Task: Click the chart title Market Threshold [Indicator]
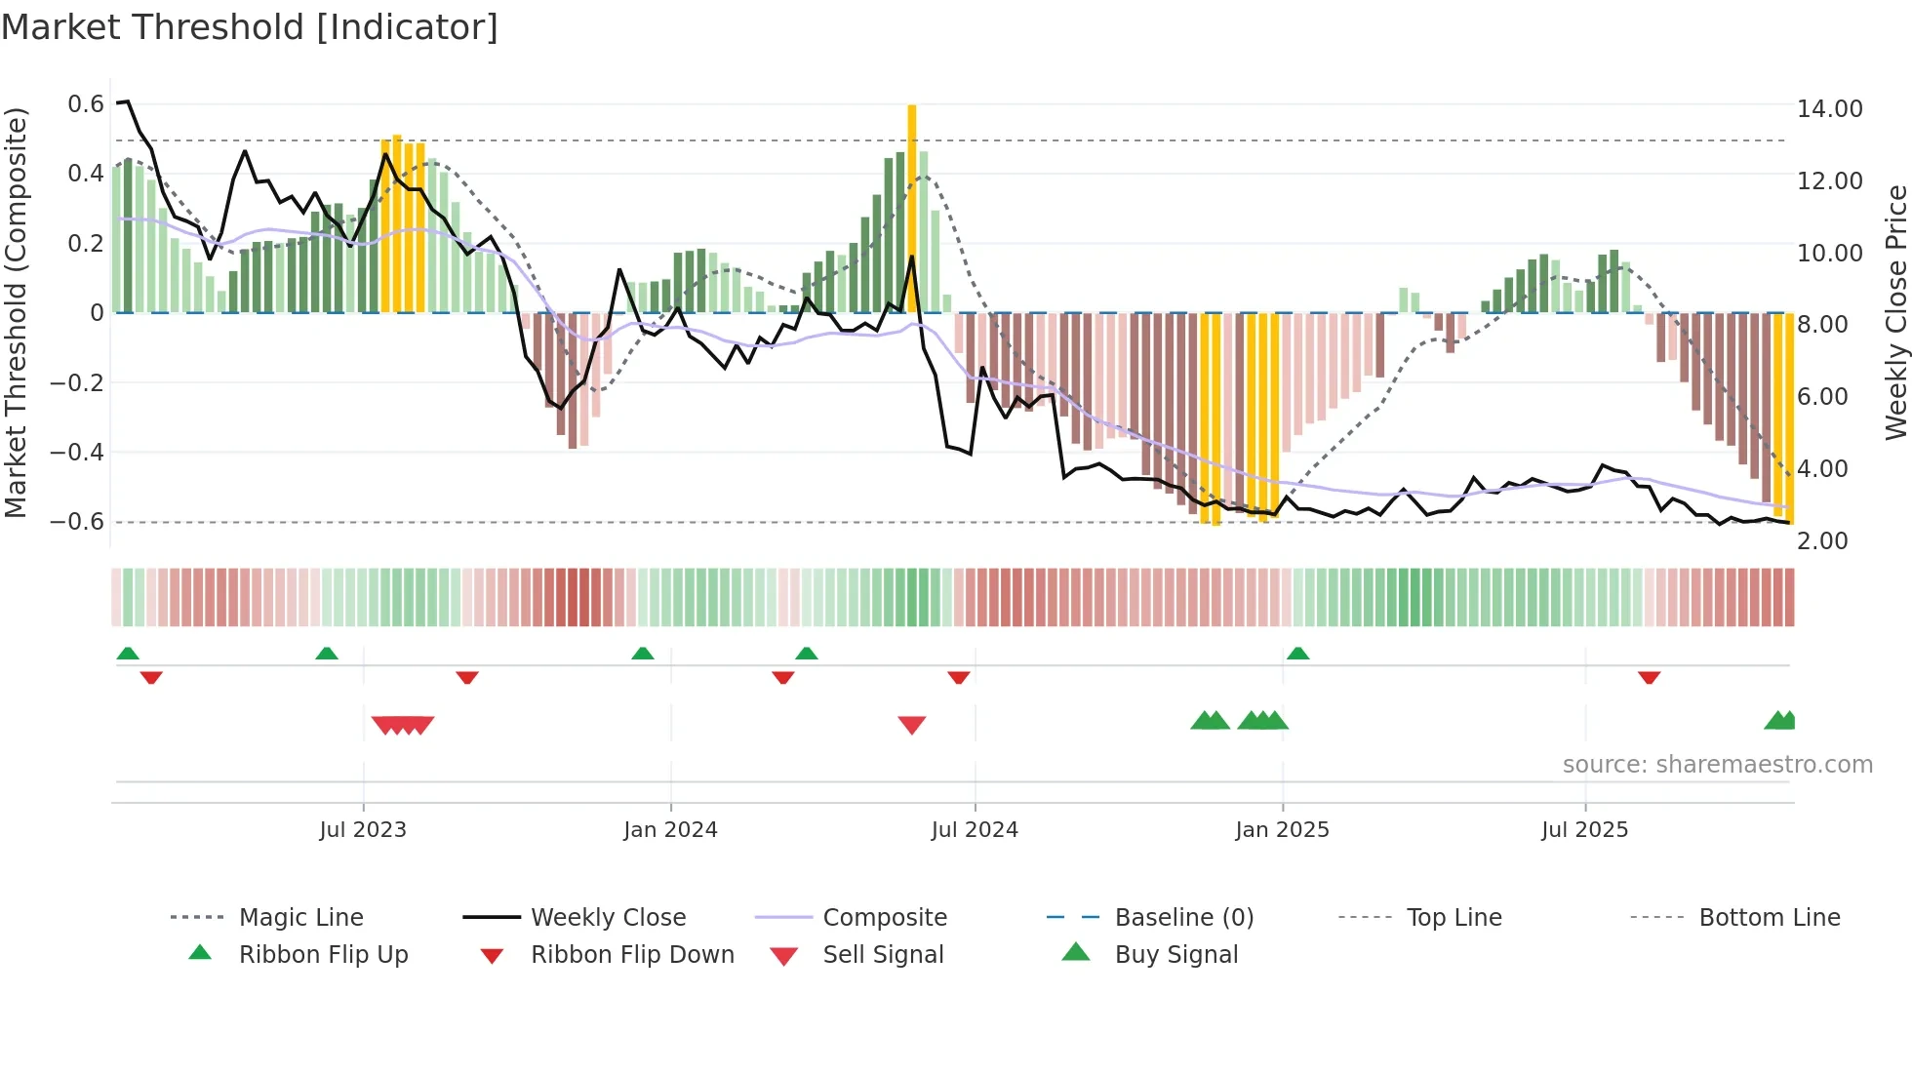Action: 250,27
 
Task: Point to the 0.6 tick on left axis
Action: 86,104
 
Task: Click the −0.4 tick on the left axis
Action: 77,452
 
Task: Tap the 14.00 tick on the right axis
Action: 1829,108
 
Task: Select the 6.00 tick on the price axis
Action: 1822,396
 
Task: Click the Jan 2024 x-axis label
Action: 670,829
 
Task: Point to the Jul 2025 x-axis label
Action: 1584,829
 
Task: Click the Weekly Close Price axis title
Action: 1894,312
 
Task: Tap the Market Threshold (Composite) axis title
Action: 16,312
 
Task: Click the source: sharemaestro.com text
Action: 1717,764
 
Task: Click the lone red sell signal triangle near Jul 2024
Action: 912,724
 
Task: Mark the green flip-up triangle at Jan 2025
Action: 1297,654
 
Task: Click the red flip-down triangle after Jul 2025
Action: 1649,677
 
